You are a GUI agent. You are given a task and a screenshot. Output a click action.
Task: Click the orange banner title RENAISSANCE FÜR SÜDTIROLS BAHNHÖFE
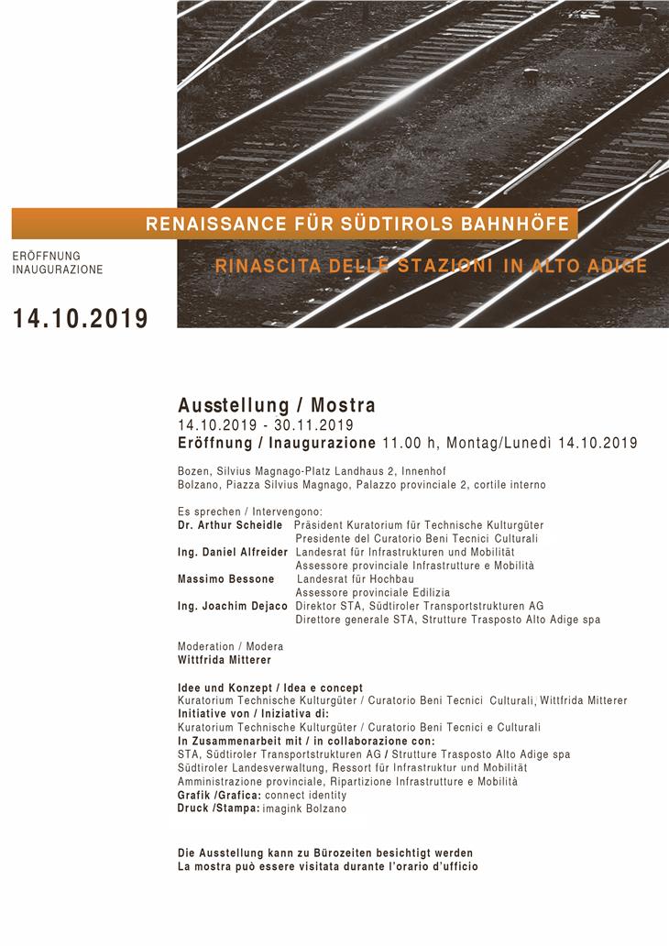click(357, 224)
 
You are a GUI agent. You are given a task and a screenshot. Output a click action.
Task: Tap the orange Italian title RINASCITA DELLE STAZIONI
click(431, 267)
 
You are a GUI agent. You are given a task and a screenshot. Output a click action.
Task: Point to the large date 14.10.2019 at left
click(80, 319)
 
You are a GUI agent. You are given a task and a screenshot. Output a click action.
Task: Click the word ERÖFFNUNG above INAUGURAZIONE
click(47, 256)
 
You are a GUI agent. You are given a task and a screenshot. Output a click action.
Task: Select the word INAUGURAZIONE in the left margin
click(58, 270)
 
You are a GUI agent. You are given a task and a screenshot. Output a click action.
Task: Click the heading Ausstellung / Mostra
click(277, 405)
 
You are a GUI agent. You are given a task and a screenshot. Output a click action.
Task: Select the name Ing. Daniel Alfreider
click(233, 553)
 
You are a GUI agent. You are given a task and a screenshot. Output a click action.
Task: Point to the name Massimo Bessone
click(225, 579)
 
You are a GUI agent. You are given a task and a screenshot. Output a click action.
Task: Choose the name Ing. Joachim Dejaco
click(233, 606)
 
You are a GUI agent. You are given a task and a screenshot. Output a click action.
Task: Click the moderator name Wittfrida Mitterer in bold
click(225, 659)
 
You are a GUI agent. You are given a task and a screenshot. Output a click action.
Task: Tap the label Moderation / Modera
click(230, 646)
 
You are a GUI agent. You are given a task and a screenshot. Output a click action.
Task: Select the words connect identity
click(312, 796)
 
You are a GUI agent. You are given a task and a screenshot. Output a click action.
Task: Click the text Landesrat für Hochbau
click(356, 579)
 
